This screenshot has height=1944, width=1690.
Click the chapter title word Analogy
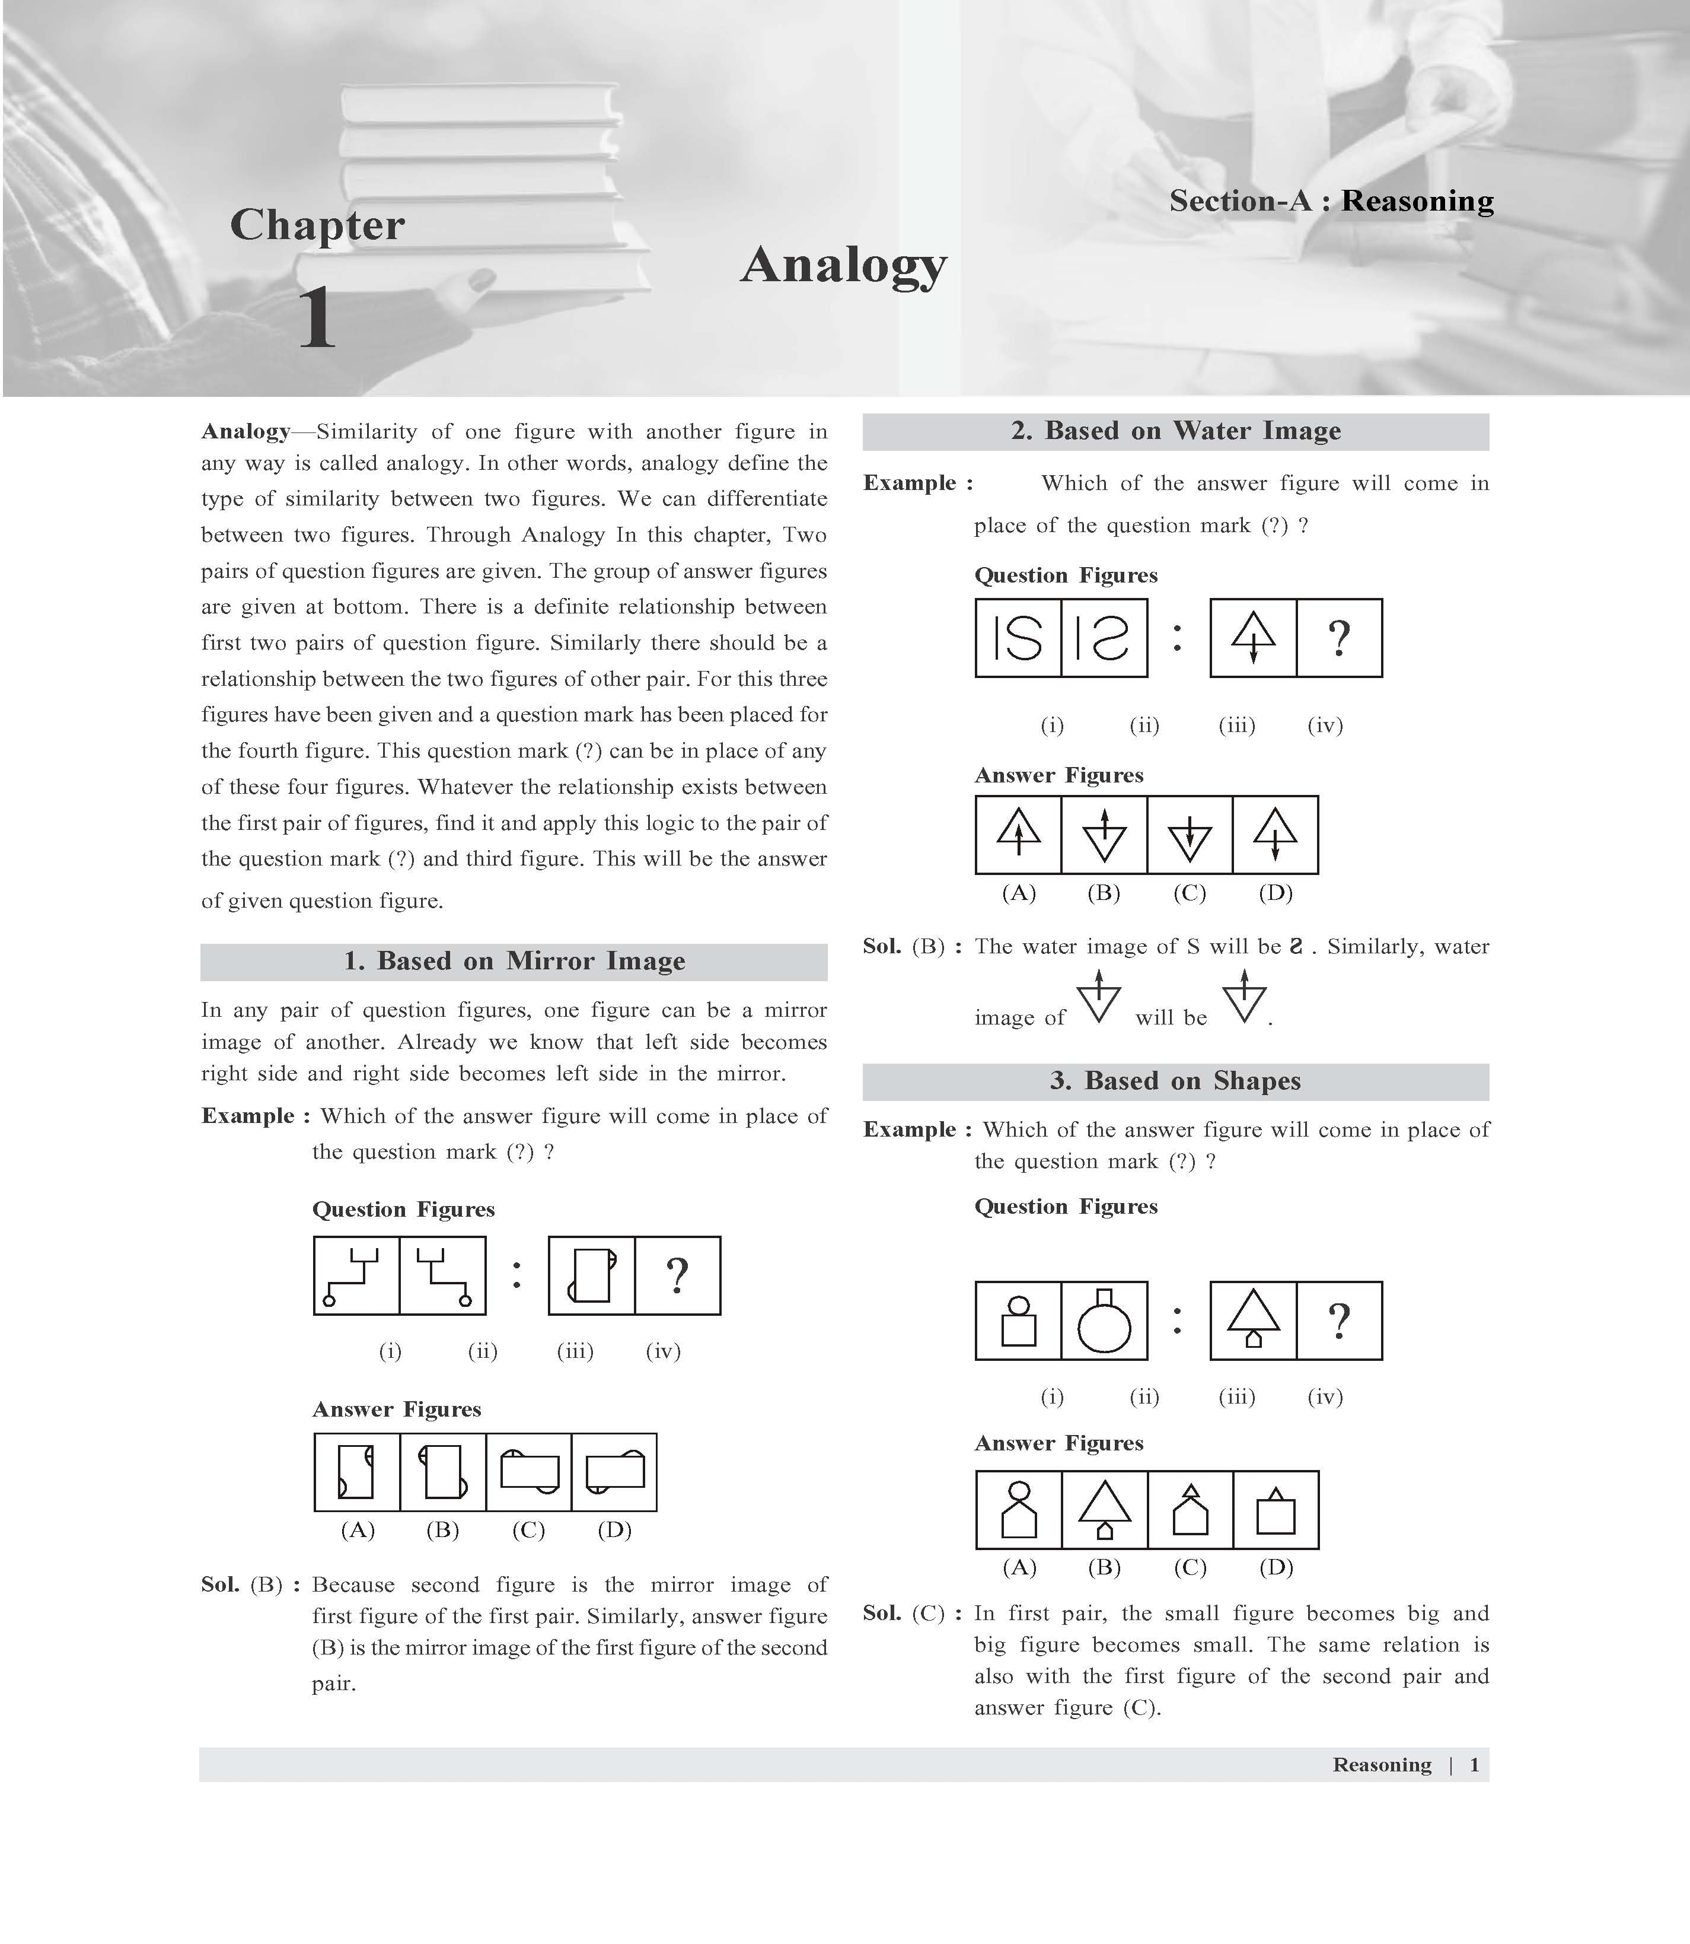pos(843,265)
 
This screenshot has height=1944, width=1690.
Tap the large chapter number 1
pos(317,319)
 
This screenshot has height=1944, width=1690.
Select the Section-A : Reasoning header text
pos(1331,201)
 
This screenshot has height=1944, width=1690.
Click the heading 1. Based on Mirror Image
pos(514,961)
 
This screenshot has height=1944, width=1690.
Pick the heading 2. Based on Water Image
pos(1175,431)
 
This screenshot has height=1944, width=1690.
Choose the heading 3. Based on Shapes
pos(1175,1081)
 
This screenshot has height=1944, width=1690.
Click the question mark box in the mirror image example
pos(677,1276)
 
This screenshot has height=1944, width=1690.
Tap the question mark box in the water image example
pos(1339,638)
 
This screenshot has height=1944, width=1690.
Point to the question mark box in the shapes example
pos(1339,1321)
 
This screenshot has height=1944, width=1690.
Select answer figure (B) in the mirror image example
pos(443,1472)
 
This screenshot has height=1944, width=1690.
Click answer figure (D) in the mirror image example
pos(614,1472)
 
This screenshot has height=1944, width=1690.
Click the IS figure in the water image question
pos(1019,638)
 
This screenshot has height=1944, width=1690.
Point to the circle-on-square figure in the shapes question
pos(1019,1321)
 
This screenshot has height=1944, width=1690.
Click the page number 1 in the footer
pos(1474,1765)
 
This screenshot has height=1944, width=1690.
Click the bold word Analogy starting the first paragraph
pos(245,432)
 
